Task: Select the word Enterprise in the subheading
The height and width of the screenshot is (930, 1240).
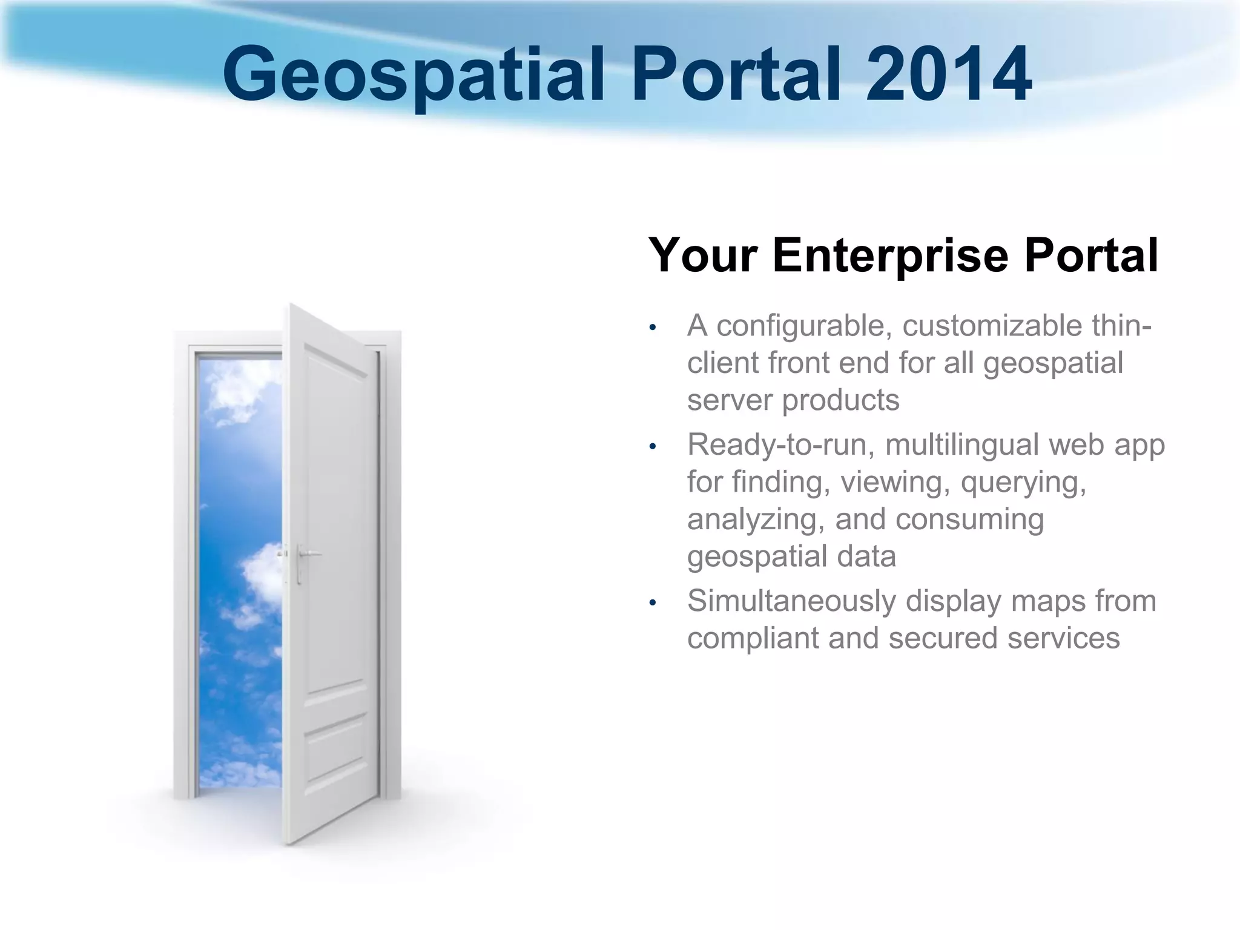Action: coord(889,255)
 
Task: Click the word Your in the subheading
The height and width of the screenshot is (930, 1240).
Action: coord(702,255)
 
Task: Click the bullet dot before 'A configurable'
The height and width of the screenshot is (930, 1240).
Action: coord(652,328)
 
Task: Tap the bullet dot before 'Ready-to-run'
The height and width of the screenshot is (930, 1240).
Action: coord(652,447)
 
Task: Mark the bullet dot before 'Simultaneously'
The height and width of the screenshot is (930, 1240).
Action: coord(652,603)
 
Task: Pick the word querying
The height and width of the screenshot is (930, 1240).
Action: coord(1023,483)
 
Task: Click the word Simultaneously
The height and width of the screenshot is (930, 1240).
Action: coord(790,601)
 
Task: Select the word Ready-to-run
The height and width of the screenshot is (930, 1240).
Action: coord(781,445)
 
